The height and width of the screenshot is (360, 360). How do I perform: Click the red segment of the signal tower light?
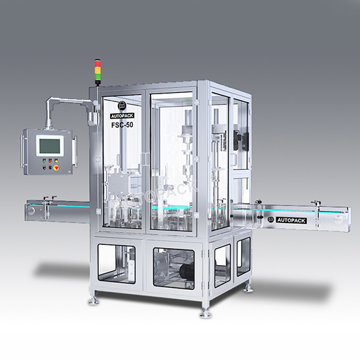coord(98,63)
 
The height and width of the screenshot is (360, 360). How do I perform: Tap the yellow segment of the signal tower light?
coord(98,70)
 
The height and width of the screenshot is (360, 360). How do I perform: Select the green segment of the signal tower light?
coord(98,76)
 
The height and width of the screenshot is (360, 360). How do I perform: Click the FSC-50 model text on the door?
coord(122,125)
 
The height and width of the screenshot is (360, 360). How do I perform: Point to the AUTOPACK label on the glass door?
coord(122,116)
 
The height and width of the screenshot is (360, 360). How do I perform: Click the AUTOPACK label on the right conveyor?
coord(291,221)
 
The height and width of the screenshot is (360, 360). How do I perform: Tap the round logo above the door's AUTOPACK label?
coord(122,105)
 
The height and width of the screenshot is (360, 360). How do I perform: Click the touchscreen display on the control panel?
coord(50,145)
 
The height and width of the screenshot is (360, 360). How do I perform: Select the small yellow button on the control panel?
coord(56,161)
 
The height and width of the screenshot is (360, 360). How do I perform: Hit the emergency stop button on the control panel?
coord(56,168)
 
